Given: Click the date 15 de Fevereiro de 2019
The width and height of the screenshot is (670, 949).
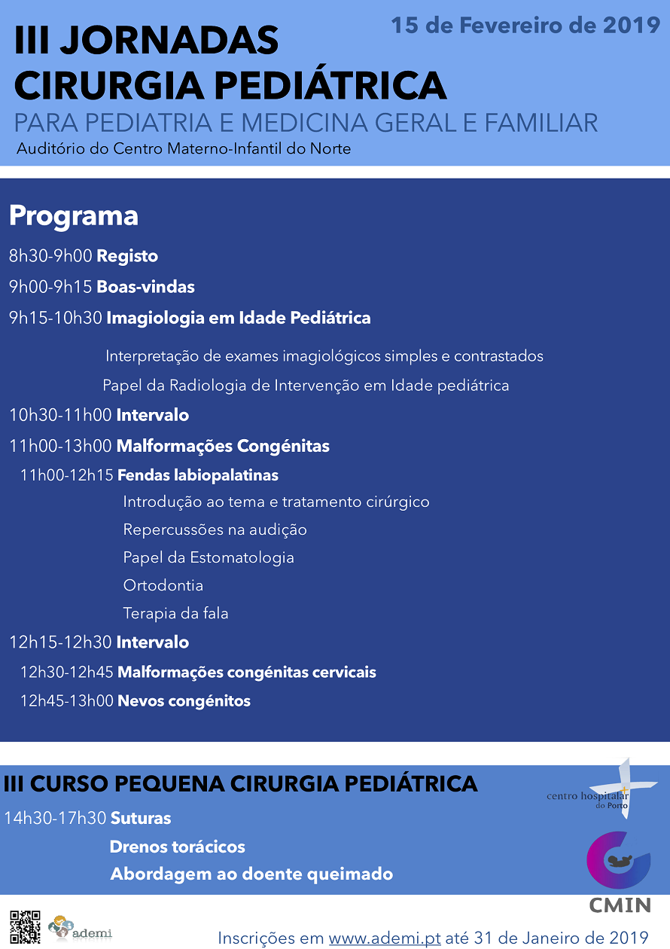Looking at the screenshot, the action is (x=525, y=26).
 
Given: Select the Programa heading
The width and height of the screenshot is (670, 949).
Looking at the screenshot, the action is (x=74, y=216).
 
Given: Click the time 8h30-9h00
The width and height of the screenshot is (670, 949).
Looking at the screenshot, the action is (x=50, y=256).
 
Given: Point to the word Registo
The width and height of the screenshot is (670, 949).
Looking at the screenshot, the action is (x=127, y=256).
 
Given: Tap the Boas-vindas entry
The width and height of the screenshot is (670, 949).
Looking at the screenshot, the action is (x=146, y=287).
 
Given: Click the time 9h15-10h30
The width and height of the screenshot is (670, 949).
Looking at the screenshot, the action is (x=56, y=318).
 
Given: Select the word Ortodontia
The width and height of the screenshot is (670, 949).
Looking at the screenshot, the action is (x=163, y=585).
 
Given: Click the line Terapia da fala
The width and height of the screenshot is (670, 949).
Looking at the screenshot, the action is (x=175, y=613).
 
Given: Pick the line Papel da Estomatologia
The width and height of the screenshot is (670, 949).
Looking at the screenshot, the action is (x=209, y=557).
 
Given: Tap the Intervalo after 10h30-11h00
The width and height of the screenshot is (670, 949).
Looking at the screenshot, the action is (x=153, y=415).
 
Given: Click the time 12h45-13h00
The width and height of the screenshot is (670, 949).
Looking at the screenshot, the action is (x=67, y=700).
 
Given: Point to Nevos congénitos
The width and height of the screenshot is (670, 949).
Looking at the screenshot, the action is (x=184, y=701).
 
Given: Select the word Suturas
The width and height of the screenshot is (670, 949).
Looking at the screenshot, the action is (x=141, y=818).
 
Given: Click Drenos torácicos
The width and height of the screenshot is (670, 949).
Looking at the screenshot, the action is (x=178, y=847).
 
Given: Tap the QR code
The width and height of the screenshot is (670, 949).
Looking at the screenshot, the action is (x=26, y=927).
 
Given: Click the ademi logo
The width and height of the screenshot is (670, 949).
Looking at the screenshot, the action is (x=80, y=928).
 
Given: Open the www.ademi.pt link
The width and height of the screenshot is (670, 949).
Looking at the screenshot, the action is (x=385, y=938).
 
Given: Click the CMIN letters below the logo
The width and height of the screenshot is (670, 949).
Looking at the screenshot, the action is (x=620, y=905).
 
